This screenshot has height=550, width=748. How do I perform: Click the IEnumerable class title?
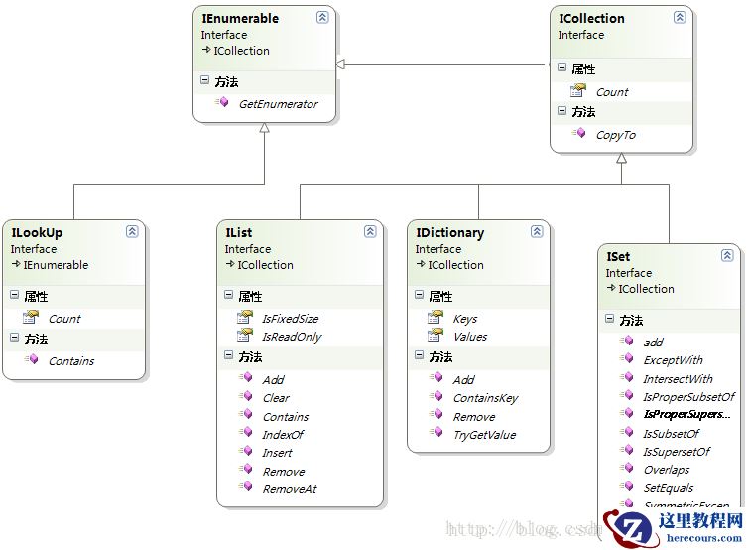coord(240,18)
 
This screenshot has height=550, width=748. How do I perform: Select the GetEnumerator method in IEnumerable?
coord(278,104)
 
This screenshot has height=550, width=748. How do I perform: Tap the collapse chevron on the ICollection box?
coord(680,17)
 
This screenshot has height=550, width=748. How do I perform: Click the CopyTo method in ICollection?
coord(615,135)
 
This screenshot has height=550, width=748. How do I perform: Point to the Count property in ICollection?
coord(612,92)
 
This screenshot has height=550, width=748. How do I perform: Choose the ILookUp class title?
coord(37,233)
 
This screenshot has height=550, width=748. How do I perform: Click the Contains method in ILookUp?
coord(71,361)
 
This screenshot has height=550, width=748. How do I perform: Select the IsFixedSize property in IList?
coord(290,319)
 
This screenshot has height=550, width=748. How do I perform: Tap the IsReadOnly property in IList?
coord(292,337)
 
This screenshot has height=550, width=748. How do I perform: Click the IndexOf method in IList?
coord(283,435)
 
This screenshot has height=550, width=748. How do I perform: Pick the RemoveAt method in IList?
coord(289,489)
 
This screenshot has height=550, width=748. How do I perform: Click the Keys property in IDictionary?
coord(464,319)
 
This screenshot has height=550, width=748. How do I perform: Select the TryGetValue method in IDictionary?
coord(484,435)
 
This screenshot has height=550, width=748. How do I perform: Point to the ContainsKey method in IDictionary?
coord(485,398)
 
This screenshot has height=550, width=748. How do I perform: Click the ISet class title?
coord(618,257)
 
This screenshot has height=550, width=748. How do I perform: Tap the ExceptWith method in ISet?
coord(673,360)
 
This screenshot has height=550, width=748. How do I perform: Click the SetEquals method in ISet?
coord(669,488)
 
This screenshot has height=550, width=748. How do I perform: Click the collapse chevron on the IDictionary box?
coord(537,231)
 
